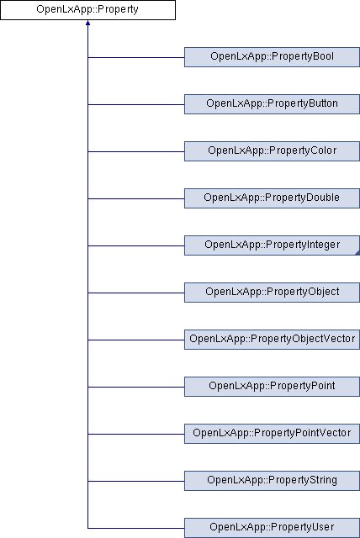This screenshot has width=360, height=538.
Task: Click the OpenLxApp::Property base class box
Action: (x=87, y=10)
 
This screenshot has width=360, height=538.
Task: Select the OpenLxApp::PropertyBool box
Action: (x=273, y=57)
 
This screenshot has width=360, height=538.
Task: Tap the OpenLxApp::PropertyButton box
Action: (x=273, y=104)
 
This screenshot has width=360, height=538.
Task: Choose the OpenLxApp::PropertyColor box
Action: (x=273, y=151)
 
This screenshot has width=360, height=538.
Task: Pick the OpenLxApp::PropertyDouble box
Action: (x=273, y=198)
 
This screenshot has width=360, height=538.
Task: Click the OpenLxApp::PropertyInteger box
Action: (x=273, y=245)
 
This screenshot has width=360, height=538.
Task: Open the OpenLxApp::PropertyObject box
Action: (x=273, y=293)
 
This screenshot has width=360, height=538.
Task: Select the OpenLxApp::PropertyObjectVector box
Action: (x=273, y=340)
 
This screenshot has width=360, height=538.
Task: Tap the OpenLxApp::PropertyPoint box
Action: (x=273, y=387)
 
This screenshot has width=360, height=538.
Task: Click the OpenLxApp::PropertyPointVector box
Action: (x=273, y=434)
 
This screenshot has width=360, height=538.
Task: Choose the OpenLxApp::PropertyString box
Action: (x=273, y=480)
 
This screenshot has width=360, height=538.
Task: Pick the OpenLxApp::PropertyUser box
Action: (x=273, y=528)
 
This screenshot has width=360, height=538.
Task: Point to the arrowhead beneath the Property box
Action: (x=87, y=23)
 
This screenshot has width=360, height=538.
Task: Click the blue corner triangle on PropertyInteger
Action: (x=358, y=253)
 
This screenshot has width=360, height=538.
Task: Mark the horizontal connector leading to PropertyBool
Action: (x=136, y=57)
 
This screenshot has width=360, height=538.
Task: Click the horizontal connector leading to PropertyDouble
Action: (x=136, y=198)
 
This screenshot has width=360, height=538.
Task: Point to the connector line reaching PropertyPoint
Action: (x=136, y=387)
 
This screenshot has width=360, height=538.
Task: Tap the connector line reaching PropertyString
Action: (x=136, y=481)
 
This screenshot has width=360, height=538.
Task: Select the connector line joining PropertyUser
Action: (x=136, y=528)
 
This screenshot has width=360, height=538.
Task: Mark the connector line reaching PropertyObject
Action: (x=136, y=293)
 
